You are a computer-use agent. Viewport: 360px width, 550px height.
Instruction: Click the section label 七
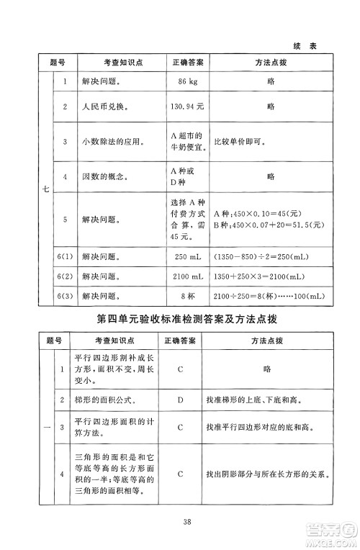click(x=45, y=189)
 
